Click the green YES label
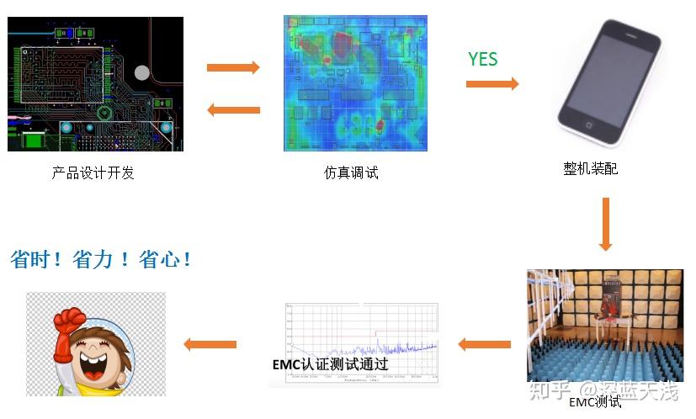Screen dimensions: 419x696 (483, 59)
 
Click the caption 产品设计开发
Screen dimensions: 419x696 (93, 173)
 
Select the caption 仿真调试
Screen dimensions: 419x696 (352, 173)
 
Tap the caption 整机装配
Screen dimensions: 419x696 (590, 169)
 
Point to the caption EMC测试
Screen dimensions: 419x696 (595, 402)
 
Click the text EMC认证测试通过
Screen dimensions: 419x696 (331, 364)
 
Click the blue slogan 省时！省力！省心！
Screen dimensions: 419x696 (101, 260)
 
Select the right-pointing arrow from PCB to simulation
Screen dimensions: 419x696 (233, 68)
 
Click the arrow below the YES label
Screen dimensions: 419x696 (492, 83)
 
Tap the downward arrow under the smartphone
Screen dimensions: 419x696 (606, 224)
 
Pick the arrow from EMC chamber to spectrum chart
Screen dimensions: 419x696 (484, 344)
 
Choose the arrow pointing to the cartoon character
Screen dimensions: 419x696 (210, 343)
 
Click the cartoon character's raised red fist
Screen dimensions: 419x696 (67, 321)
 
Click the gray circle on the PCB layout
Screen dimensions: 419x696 (142, 73)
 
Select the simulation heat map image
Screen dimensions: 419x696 (354, 84)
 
